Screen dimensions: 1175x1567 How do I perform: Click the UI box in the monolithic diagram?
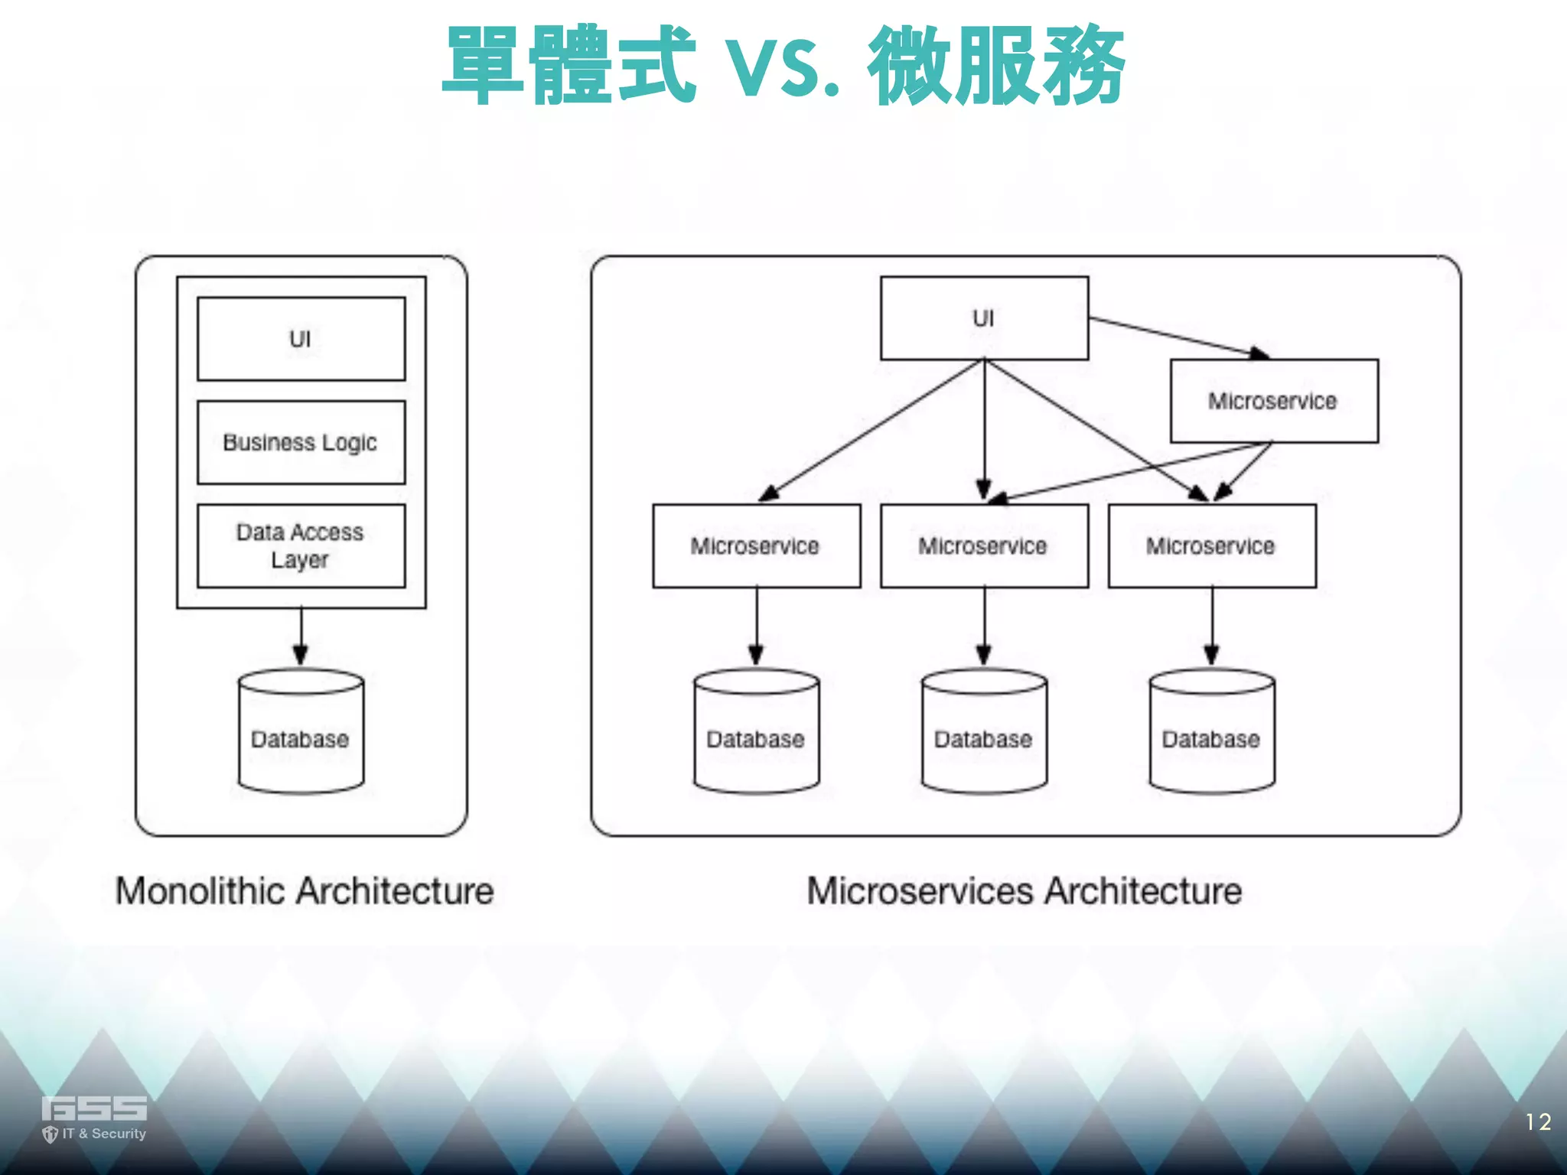tap(301, 339)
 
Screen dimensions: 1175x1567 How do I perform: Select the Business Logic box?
tap(301, 442)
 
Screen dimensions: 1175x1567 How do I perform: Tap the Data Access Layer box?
tap(301, 545)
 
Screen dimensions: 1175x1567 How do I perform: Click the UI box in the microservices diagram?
tap(984, 318)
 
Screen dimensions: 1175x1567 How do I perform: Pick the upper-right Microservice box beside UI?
tap(1273, 401)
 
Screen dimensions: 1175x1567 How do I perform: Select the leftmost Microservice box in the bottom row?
tap(756, 545)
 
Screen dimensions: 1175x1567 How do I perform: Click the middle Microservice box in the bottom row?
tap(984, 545)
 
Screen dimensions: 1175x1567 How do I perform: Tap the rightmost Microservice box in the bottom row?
tap(1211, 545)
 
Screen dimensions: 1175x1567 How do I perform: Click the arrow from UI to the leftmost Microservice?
tap(872, 430)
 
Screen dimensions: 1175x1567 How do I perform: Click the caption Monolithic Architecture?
tap(305, 891)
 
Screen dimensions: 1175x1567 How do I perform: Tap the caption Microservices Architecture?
tap(1025, 891)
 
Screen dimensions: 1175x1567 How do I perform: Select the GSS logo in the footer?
tap(93, 1117)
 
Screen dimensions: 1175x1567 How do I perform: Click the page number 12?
tap(1537, 1122)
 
